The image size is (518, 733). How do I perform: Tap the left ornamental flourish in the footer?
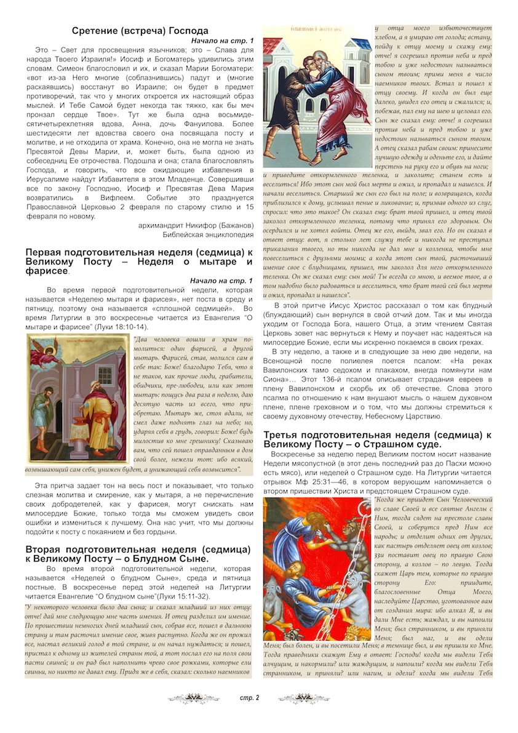(193, 698)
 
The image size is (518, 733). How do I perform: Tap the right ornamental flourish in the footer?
(303, 698)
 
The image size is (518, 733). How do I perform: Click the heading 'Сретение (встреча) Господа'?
(140, 31)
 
